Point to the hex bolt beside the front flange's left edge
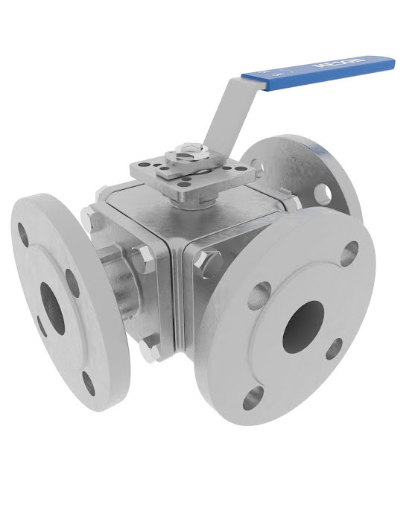pyautogui.click(x=210, y=261)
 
